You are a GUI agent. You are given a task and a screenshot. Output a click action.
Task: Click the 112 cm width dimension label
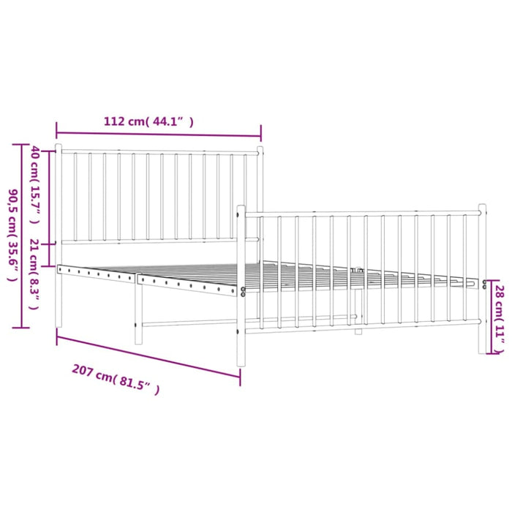[148, 122]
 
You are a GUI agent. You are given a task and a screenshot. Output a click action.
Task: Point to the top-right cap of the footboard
[482, 208]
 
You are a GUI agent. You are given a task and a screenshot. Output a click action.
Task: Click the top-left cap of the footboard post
[241, 209]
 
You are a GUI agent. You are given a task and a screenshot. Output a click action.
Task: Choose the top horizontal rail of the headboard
[159, 152]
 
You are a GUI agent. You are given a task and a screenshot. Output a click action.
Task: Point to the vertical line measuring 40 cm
[49, 197]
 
